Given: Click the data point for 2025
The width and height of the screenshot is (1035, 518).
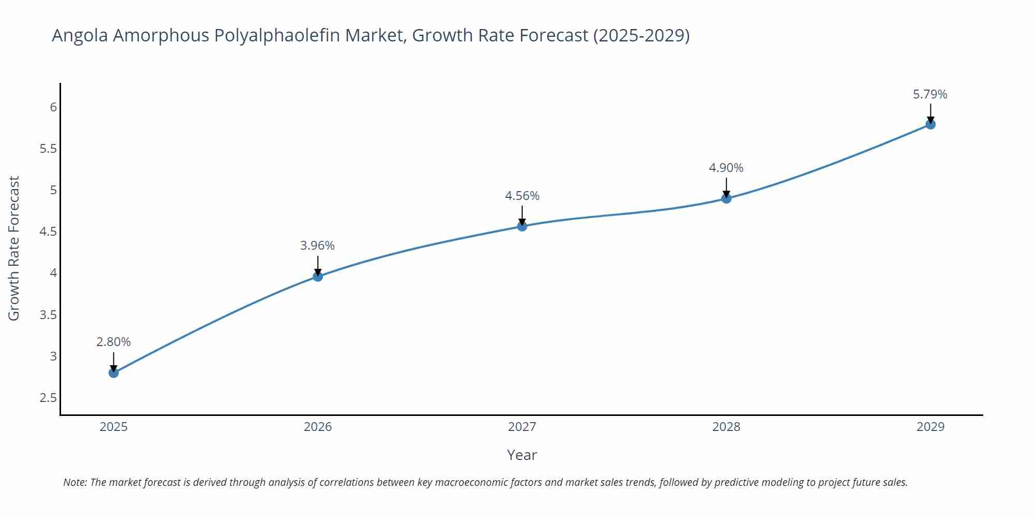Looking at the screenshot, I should pyautogui.click(x=114, y=372).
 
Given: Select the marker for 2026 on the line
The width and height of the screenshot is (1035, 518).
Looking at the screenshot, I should pyautogui.click(x=318, y=277).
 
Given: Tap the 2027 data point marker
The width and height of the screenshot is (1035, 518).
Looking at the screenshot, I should pyautogui.click(x=522, y=226).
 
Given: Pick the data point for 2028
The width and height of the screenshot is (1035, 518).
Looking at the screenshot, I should pyautogui.click(x=726, y=198).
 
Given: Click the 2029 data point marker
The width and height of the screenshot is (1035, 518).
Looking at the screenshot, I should pyautogui.click(x=930, y=124).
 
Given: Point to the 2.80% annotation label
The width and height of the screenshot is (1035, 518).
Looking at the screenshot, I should pyautogui.click(x=114, y=342).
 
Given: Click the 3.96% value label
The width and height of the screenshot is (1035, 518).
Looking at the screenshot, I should pyautogui.click(x=318, y=246).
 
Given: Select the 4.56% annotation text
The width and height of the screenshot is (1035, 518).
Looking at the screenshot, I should pyautogui.click(x=522, y=196).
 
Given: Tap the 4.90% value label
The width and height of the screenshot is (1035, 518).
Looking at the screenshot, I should pyautogui.click(x=726, y=168).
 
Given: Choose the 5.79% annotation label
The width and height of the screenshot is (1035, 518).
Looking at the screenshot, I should pyautogui.click(x=930, y=94).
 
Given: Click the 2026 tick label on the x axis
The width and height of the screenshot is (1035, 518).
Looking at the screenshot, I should pyautogui.click(x=318, y=427).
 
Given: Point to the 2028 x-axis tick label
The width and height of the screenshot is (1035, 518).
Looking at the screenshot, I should pyautogui.click(x=726, y=427).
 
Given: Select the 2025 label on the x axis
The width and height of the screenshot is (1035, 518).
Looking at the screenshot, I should pyautogui.click(x=114, y=427).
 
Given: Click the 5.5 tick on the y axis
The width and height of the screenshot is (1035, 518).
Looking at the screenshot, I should pyautogui.click(x=48, y=149).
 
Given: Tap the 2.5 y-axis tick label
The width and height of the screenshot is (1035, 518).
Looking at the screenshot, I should pyautogui.click(x=48, y=398).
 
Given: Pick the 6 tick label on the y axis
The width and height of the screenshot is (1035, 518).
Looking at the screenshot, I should pyautogui.click(x=53, y=107).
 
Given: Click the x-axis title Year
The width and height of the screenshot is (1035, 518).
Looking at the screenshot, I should pyautogui.click(x=522, y=455).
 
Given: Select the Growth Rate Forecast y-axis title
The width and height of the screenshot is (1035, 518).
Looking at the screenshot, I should pyautogui.click(x=14, y=248).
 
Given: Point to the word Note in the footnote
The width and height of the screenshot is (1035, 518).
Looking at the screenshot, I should pyautogui.click(x=75, y=482).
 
